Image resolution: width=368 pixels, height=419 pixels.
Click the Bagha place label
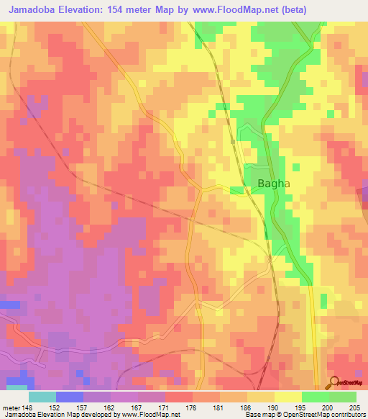point(273,184)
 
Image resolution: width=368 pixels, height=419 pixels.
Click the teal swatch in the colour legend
point(42,396)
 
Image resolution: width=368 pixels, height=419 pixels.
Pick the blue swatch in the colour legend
point(69,396)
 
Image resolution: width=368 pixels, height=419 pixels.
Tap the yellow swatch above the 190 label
point(260,396)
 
